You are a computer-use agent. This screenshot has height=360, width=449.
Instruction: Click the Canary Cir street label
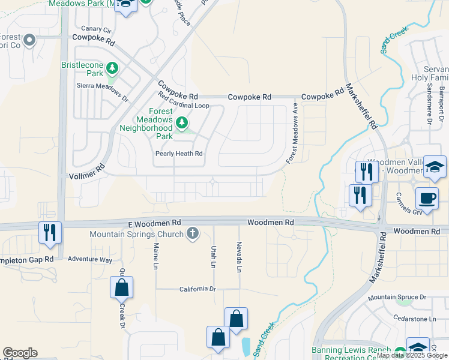click(x=97, y=29)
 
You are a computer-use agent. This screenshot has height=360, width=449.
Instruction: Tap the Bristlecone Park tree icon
click(x=112, y=68)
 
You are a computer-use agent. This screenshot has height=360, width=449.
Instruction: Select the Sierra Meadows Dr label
click(x=103, y=90)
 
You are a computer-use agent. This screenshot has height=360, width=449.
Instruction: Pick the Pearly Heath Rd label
click(x=179, y=154)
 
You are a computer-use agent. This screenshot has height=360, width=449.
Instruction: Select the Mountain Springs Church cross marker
click(x=192, y=233)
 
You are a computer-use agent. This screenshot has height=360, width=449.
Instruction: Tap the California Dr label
click(x=197, y=289)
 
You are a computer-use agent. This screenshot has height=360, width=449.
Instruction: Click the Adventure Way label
click(x=90, y=260)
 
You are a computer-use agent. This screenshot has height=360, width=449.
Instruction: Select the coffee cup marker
click(x=427, y=197)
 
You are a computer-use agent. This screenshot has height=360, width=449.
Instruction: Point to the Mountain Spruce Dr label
click(x=397, y=298)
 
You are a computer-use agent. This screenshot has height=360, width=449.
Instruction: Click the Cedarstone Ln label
click(x=414, y=318)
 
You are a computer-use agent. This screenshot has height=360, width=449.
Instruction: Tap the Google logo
click(x=20, y=353)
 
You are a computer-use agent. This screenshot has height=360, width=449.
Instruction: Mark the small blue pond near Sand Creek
click(x=246, y=345)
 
